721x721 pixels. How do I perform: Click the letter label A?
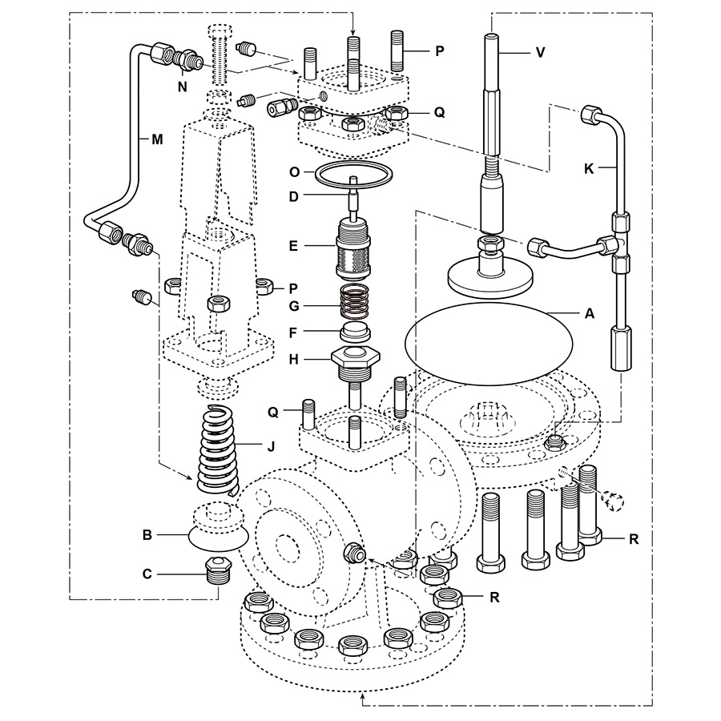[x=590, y=315]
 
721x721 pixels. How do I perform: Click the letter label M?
[x=157, y=139]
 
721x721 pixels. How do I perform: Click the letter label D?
[x=295, y=195]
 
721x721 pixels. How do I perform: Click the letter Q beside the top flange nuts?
[x=439, y=112]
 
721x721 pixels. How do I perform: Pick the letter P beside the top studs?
[x=439, y=50]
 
